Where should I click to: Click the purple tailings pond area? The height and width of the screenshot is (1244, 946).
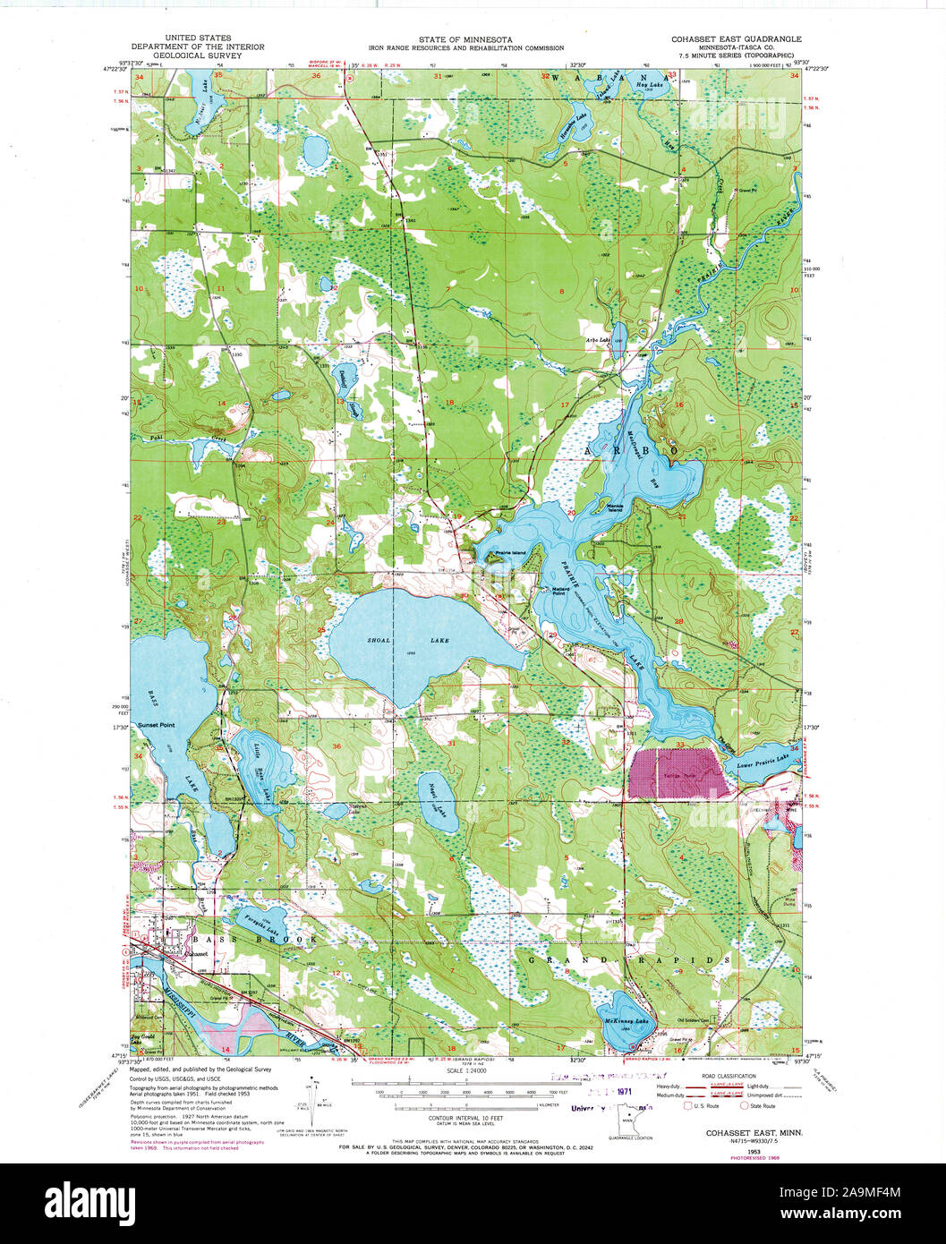(678, 772)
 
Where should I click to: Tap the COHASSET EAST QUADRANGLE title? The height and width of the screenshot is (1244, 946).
(737, 39)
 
